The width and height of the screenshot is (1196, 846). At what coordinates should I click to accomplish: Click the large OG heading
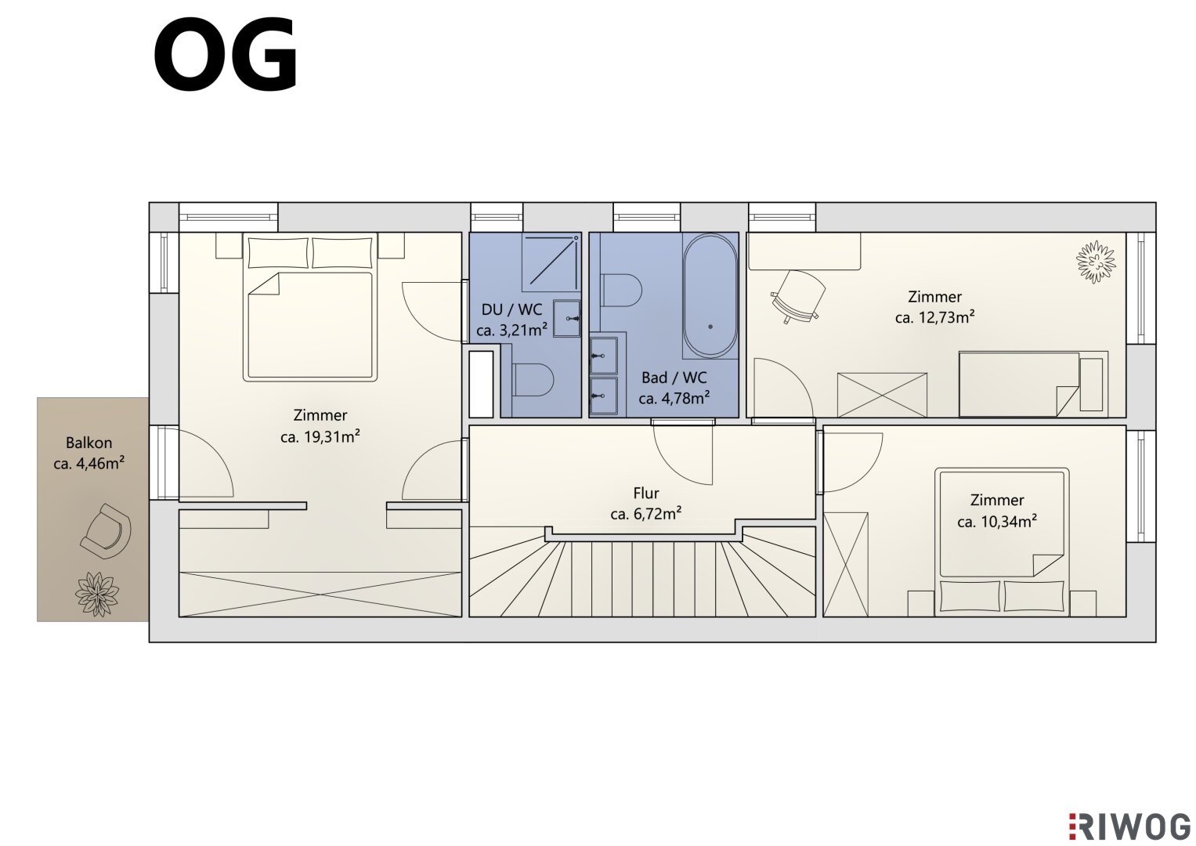226,56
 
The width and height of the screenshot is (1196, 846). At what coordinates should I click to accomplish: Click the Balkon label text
89,443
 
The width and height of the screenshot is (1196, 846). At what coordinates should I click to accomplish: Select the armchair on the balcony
106,531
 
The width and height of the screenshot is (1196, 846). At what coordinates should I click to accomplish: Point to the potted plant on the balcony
96,595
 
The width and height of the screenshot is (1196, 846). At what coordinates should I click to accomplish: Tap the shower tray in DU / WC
551,262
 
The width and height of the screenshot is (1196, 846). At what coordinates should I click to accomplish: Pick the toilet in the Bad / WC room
621,291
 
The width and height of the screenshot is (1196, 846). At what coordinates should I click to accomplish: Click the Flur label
646,493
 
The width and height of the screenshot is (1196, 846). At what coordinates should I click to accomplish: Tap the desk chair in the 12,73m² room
796,297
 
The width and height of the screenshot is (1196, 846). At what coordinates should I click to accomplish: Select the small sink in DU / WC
567,318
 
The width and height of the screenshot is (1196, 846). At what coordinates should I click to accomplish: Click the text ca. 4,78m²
674,399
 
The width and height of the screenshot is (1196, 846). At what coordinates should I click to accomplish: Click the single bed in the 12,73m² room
1034,384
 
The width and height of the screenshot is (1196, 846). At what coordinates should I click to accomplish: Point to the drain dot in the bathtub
710,327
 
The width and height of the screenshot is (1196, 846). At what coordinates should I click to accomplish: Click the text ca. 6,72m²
646,514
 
